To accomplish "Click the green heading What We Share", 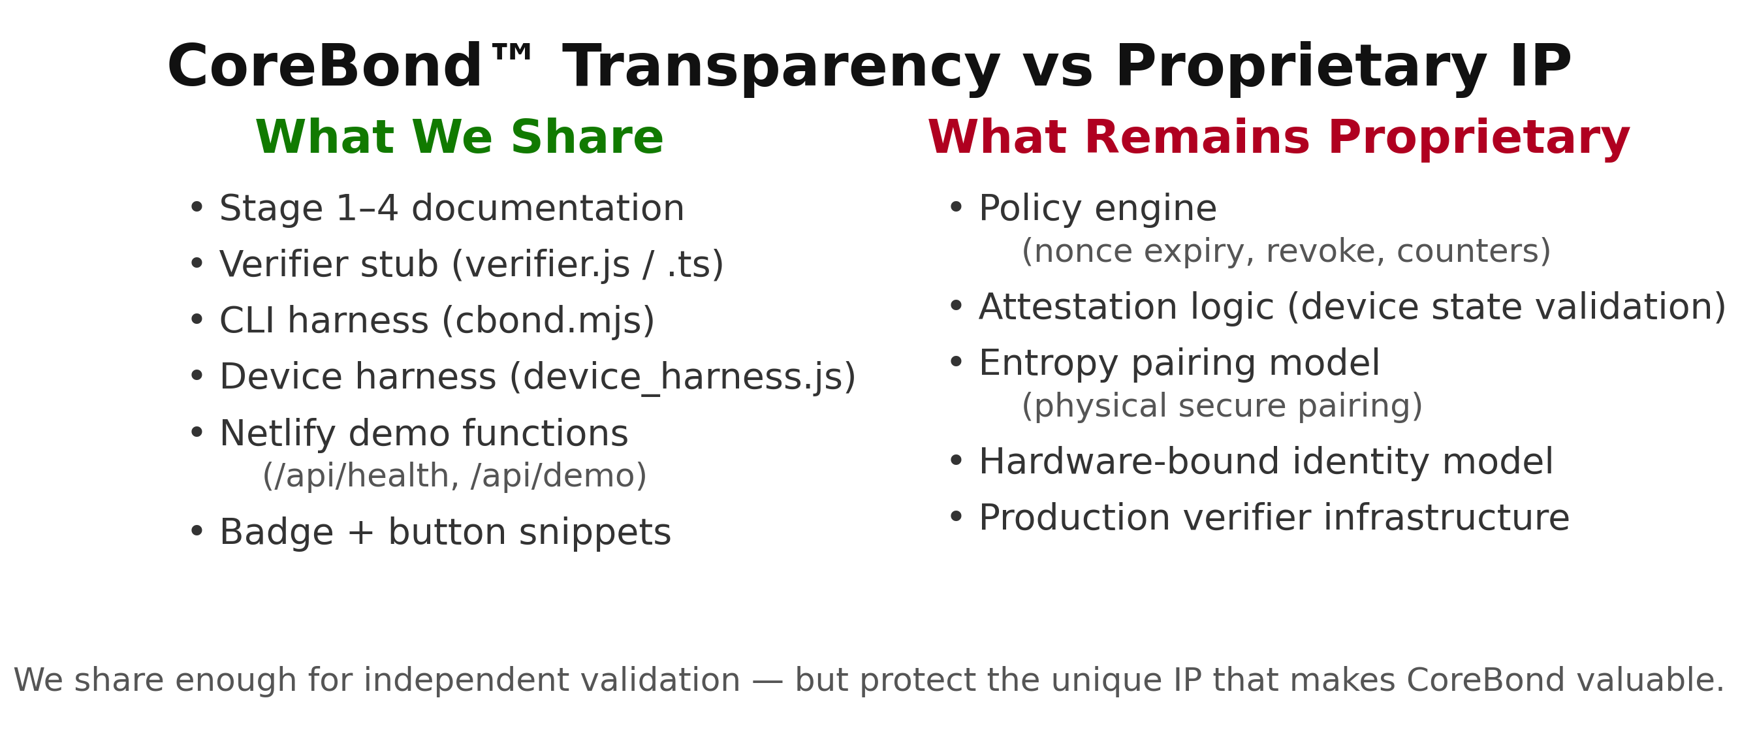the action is tap(459, 138).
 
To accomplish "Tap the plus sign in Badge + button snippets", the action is tap(360, 533).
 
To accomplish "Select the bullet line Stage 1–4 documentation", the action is tap(451, 208).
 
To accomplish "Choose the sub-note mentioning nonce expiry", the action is tap(1286, 251).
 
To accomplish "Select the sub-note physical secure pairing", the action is tap(1222, 406).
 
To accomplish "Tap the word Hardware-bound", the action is tap(1129, 462).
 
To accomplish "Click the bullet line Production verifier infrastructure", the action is tap(1274, 518).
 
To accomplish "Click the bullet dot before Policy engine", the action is tap(956, 208).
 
